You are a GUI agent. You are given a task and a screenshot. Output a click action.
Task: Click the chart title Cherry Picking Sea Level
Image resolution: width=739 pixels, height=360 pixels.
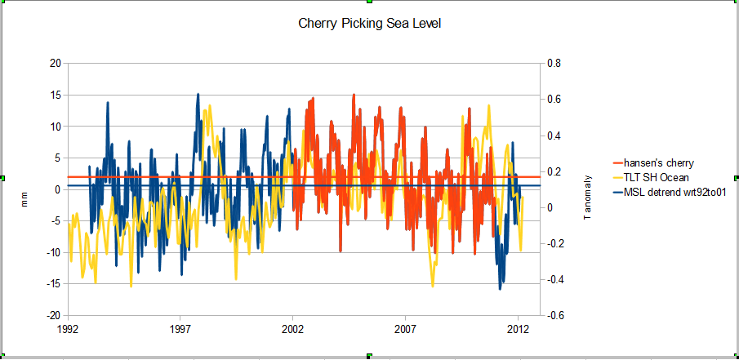point(371,24)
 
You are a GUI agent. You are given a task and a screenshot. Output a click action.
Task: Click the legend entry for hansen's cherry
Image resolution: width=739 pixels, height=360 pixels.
point(658,163)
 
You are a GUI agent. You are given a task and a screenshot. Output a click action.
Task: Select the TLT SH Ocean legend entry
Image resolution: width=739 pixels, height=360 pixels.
point(656,177)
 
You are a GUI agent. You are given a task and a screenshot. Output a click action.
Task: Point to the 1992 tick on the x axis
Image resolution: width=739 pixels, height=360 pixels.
point(68,330)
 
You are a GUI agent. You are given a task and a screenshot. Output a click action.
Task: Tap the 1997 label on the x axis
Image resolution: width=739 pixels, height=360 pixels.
point(180,330)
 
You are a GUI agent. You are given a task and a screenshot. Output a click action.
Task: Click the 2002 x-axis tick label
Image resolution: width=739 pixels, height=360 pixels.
point(293,330)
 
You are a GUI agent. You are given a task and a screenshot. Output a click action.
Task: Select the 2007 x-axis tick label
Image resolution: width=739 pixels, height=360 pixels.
point(406,330)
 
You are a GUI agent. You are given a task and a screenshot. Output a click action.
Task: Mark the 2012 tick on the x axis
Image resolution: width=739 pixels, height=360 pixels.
point(519,330)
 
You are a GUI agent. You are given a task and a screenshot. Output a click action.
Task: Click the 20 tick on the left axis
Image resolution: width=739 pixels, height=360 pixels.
point(56,64)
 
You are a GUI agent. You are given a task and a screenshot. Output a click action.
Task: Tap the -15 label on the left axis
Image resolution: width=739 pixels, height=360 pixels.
point(53,284)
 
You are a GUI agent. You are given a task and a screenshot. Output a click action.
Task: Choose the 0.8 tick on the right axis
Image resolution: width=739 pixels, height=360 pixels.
point(554,64)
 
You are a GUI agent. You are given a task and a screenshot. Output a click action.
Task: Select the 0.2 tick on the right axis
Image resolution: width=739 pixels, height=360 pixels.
point(554,171)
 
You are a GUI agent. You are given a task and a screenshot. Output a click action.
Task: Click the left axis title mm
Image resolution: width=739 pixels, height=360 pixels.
point(24,199)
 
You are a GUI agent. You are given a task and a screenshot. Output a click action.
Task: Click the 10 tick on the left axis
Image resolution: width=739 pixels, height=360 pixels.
point(56,127)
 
